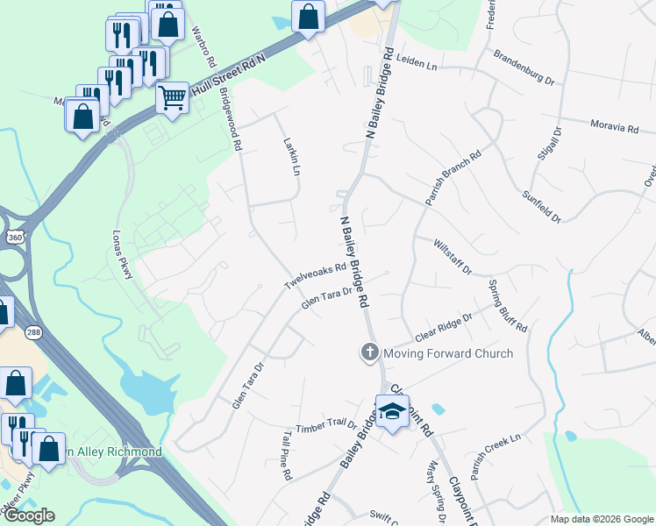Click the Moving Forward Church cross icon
click(369, 353)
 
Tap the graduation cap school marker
click(392, 410)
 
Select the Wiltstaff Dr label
click(453, 256)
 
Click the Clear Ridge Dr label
click(444, 327)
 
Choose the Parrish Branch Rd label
click(453, 179)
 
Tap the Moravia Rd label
click(614, 127)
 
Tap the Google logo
click(29, 515)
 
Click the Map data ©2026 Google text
click(602, 519)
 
